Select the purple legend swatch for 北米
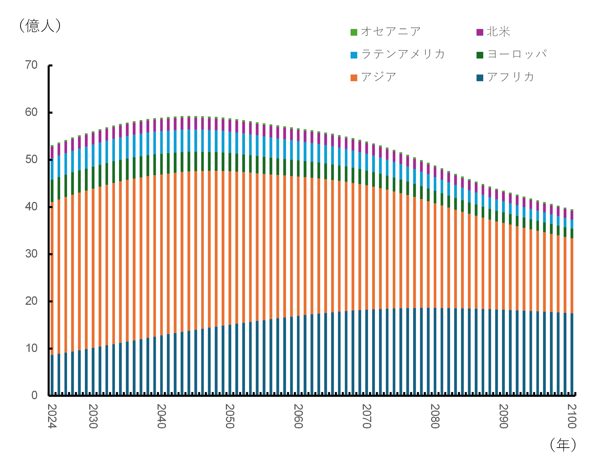480,32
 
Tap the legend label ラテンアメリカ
403,54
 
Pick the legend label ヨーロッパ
517,54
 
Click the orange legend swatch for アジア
354,78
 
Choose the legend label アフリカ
510,77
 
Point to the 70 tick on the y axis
31,65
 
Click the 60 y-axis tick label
31,112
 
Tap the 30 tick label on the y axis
31,254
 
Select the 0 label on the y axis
34,395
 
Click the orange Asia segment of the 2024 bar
52,278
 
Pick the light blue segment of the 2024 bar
52,169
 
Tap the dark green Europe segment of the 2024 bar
52,191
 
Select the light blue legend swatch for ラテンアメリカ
354,55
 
